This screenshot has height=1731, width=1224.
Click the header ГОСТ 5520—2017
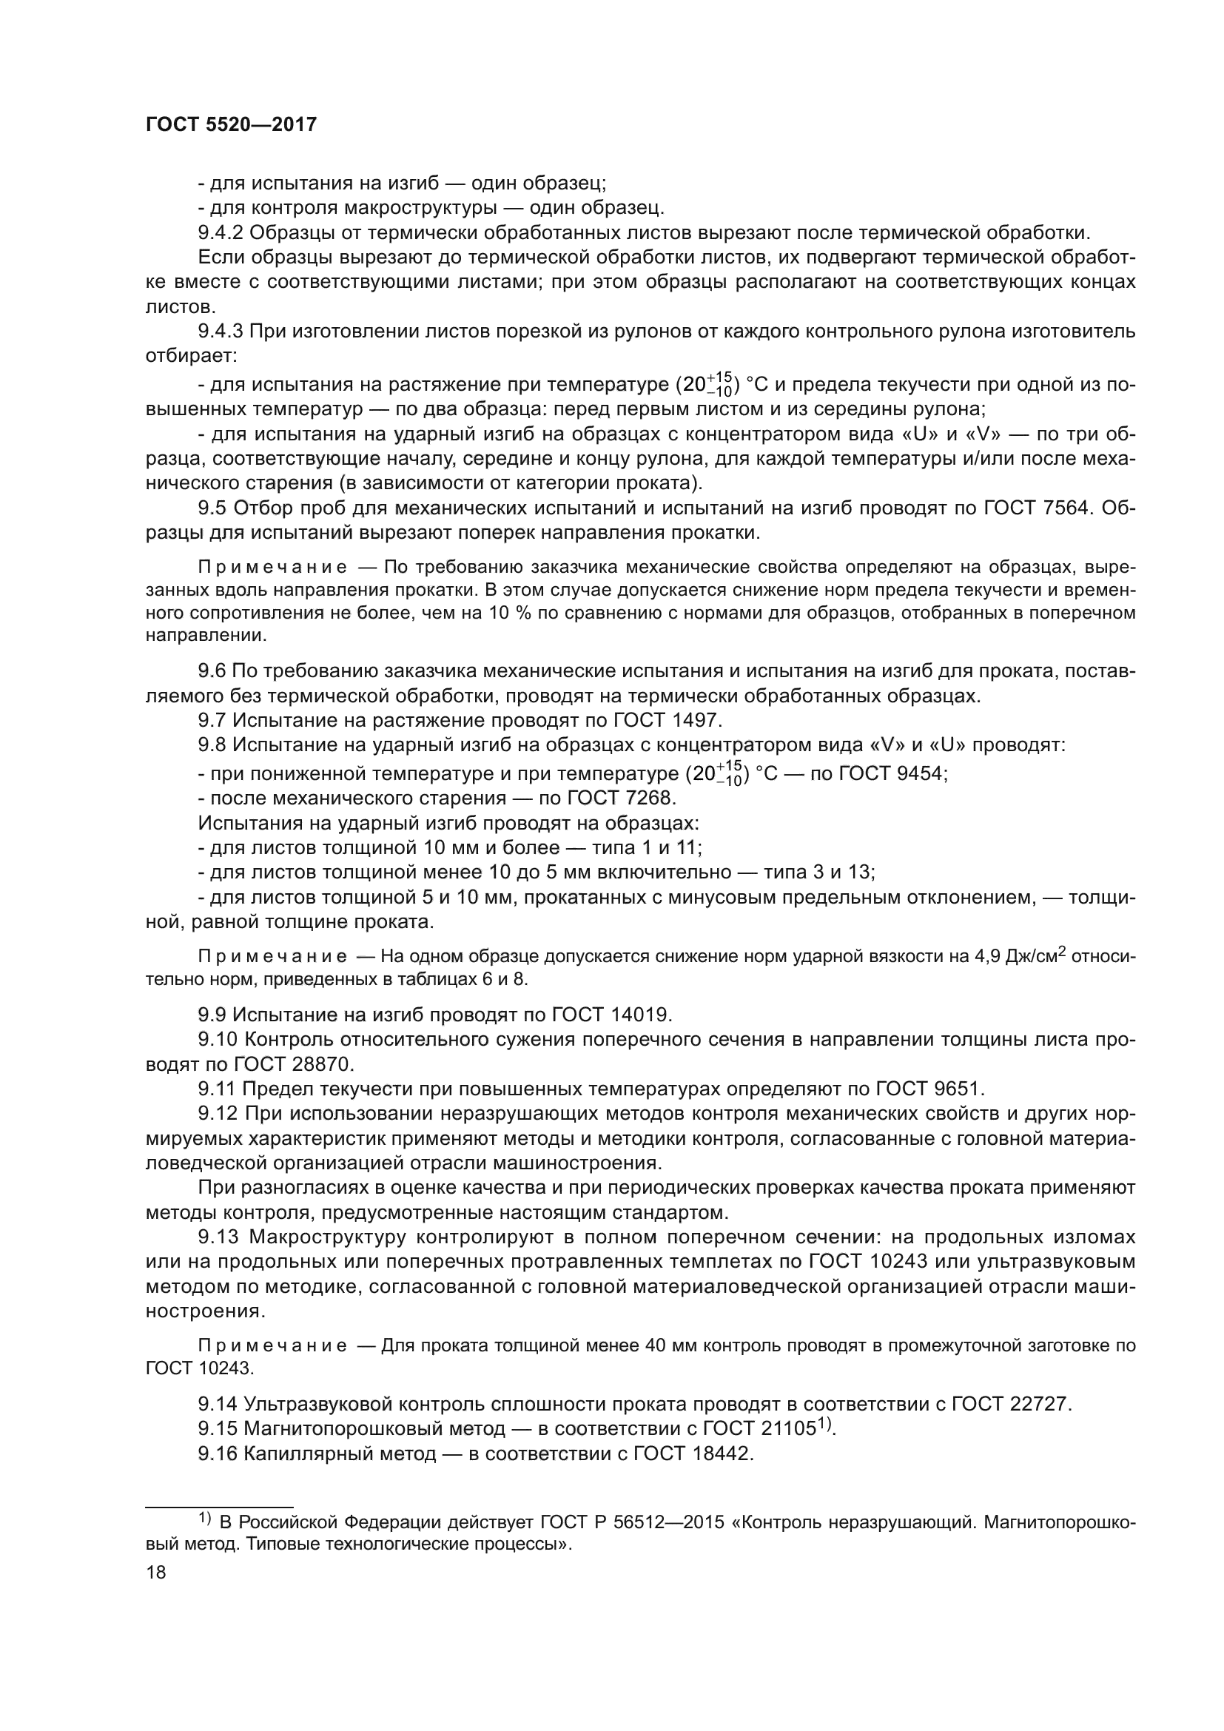[x=231, y=125]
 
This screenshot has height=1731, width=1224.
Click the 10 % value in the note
[x=506, y=614]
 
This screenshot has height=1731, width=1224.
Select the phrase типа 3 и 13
[x=818, y=873]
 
